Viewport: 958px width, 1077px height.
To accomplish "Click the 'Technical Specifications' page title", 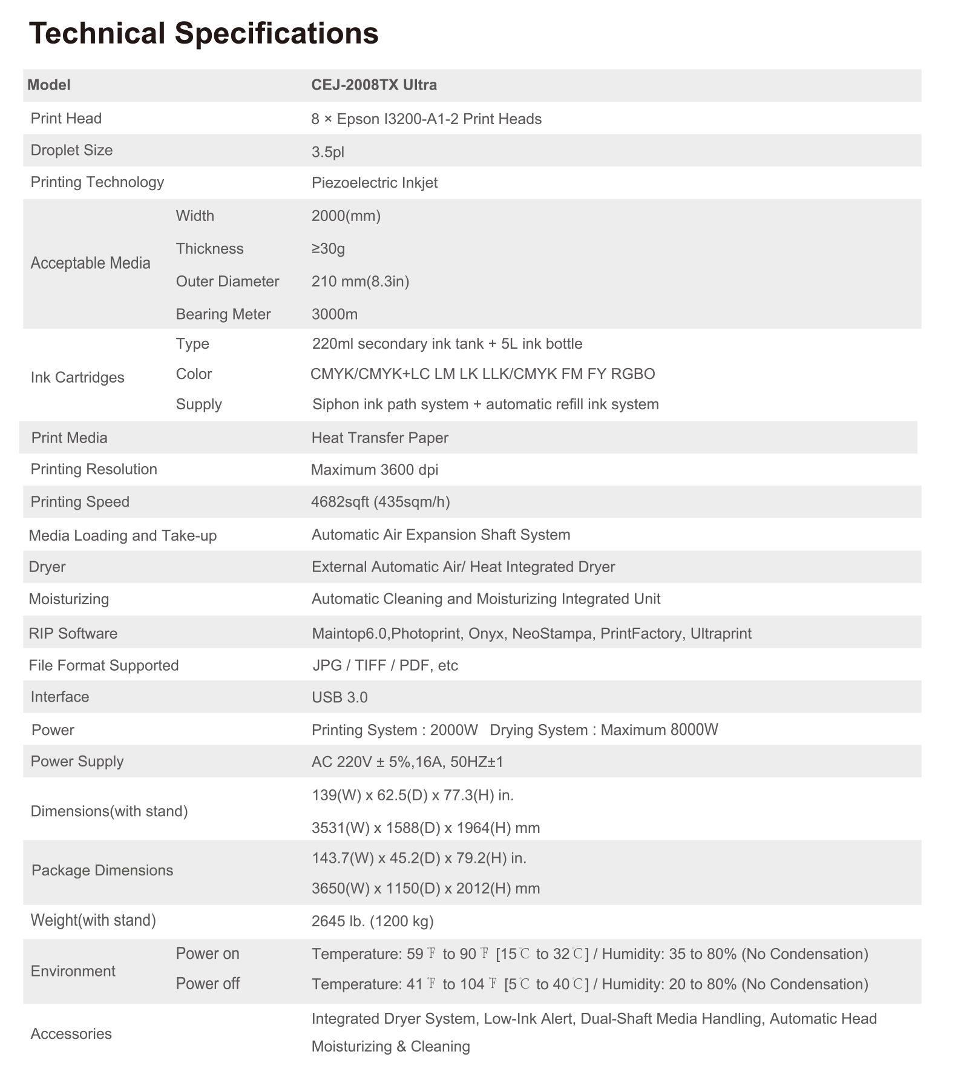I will pyautogui.click(x=204, y=33).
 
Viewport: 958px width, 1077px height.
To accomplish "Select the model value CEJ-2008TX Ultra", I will pyautogui.click(x=374, y=85).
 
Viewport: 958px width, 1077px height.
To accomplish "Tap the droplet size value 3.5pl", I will pyautogui.click(x=327, y=151).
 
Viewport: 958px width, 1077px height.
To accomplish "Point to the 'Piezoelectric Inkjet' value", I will pyautogui.click(x=374, y=183).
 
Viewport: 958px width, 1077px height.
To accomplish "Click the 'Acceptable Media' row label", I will pyautogui.click(x=90, y=263).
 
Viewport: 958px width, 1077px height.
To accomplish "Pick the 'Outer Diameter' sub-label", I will pyautogui.click(x=228, y=282).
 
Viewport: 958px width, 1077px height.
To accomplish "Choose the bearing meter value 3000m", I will pyautogui.click(x=334, y=314).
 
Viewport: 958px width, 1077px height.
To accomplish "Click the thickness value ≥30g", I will pyautogui.click(x=328, y=249).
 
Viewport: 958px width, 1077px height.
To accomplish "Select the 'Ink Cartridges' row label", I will pyautogui.click(x=77, y=378).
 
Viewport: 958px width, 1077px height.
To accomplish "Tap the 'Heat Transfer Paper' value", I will pyautogui.click(x=379, y=438).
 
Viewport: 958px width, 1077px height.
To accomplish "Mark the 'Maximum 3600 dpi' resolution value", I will pyautogui.click(x=374, y=470).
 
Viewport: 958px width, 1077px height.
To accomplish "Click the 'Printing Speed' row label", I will pyautogui.click(x=80, y=502).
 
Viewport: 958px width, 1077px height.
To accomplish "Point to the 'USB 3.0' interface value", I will pyautogui.click(x=340, y=697).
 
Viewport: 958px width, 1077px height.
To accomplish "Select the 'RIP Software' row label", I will pyautogui.click(x=73, y=634).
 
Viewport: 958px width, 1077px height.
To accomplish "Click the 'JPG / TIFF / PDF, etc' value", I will pyautogui.click(x=385, y=666).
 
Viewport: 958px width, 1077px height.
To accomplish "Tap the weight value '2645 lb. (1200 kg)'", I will pyautogui.click(x=372, y=921).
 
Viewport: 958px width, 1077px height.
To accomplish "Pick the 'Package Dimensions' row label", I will pyautogui.click(x=102, y=871).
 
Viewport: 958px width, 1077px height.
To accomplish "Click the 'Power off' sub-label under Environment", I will pyautogui.click(x=208, y=984).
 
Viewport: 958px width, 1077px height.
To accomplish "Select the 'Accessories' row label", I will pyautogui.click(x=71, y=1033).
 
